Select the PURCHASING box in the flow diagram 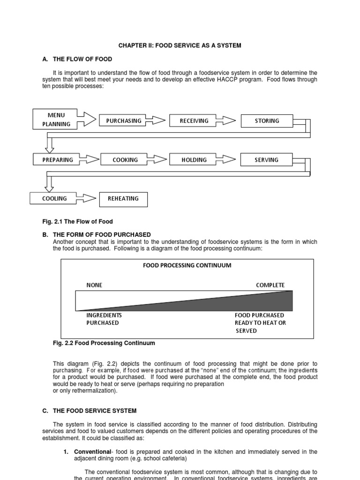coord(123,121)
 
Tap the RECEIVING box coord(194,121)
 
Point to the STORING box coord(266,121)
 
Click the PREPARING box coord(58,160)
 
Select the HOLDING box coord(194,160)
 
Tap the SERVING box coord(266,160)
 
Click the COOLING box coord(54,198)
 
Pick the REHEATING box coord(123,199)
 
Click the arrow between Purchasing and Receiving coord(157,121)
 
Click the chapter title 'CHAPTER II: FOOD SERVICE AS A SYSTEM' coord(180,45)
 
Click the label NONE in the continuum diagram coord(94,285)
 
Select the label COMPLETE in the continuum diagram coord(270,285)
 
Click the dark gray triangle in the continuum coord(244,303)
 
